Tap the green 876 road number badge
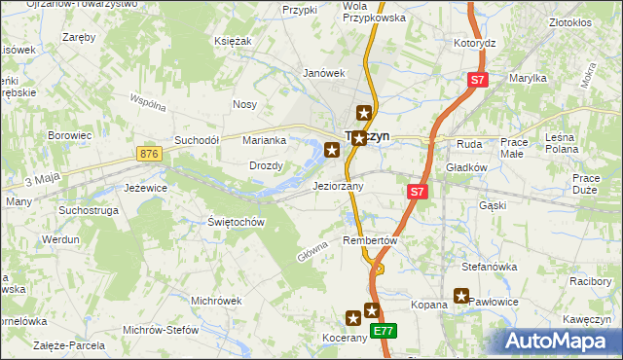(149, 154)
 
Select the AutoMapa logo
(563, 341)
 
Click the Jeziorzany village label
(338, 186)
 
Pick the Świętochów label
(237, 222)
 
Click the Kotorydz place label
(475, 44)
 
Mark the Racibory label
(590, 281)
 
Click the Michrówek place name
(216, 301)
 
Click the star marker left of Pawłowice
(461, 297)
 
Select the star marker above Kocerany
(354, 317)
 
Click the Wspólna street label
(149, 102)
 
